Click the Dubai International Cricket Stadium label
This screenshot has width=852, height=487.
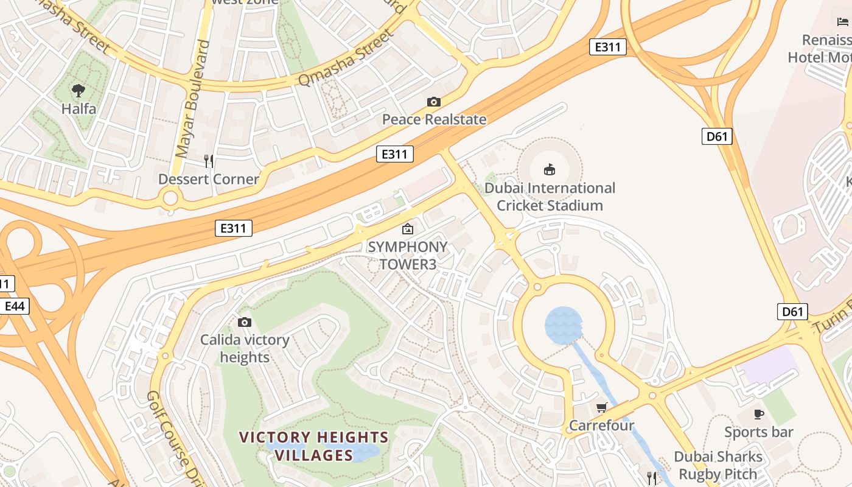click(x=550, y=197)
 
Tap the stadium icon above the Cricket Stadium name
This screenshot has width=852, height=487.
click(x=549, y=169)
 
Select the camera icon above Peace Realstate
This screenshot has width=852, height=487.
click(x=433, y=102)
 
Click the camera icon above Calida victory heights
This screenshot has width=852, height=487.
click(x=245, y=322)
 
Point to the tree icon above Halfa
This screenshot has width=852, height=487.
click(x=78, y=91)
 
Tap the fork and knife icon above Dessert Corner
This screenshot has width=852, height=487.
click(x=209, y=161)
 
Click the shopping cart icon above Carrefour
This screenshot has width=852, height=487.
click(x=602, y=407)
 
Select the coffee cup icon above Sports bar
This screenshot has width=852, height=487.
click(x=758, y=414)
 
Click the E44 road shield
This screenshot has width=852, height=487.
click(x=14, y=306)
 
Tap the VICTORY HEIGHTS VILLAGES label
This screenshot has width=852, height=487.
click(x=313, y=446)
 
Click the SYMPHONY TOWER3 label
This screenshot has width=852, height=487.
click(x=407, y=256)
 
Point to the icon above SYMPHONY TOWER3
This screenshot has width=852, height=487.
click(x=407, y=229)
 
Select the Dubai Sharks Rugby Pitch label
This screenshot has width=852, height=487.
click(x=718, y=465)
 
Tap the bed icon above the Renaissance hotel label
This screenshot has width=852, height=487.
click(x=843, y=22)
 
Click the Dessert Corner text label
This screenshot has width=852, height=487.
click(x=209, y=179)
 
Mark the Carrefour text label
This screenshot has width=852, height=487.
click(x=601, y=425)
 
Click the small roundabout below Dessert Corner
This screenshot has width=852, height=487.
click(x=171, y=197)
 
